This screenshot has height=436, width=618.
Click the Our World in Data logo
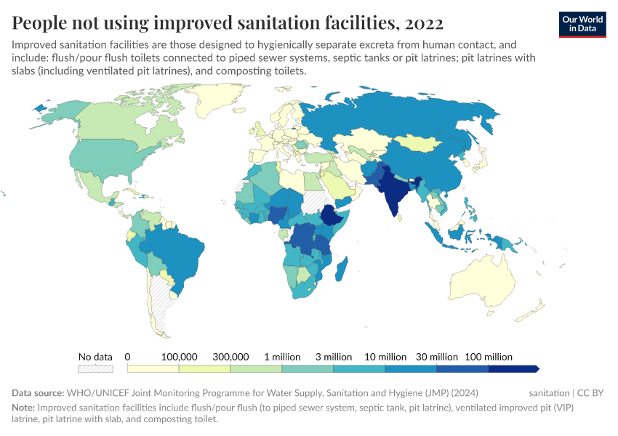[x=582, y=24]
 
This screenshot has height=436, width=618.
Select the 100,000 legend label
[x=179, y=357]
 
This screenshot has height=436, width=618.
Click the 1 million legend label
[x=282, y=357]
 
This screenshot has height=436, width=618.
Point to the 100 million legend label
[x=489, y=357]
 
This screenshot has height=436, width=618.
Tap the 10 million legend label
[x=385, y=357]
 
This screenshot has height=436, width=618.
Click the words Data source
[x=38, y=393]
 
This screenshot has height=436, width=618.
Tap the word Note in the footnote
[x=23, y=408]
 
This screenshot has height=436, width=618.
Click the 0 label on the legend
[x=127, y=357]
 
